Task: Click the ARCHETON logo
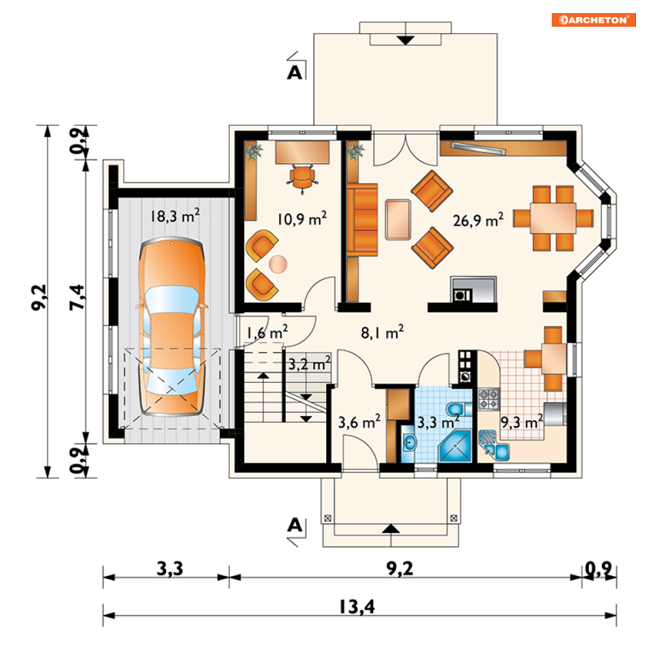[x=593, y=20]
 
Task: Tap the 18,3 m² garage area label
[x=175, y=215]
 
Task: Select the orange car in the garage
[x=172, y=326]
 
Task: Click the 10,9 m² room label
[x=302, y=219]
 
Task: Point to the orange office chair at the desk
[x=303, y=179]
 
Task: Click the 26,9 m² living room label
[x=478, y=220]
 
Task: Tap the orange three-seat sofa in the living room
[x=362, y=220]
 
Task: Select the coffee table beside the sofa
[x=398, y=220]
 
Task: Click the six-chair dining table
[x=553, y=218]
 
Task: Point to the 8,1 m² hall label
[x=382, y=333]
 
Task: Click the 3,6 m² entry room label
[x=359, y=422]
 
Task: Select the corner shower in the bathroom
[x=455, y=445]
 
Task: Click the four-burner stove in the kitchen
[x=489, y=399]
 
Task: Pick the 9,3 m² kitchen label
[x=522, y=422]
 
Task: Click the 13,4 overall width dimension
[x=357, y=607]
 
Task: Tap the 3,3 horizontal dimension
[x=170, y=569]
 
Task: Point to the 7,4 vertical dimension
[x=78, y=297]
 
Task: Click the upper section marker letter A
[x=295, y=73]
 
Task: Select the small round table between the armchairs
[x=278, y=264]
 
